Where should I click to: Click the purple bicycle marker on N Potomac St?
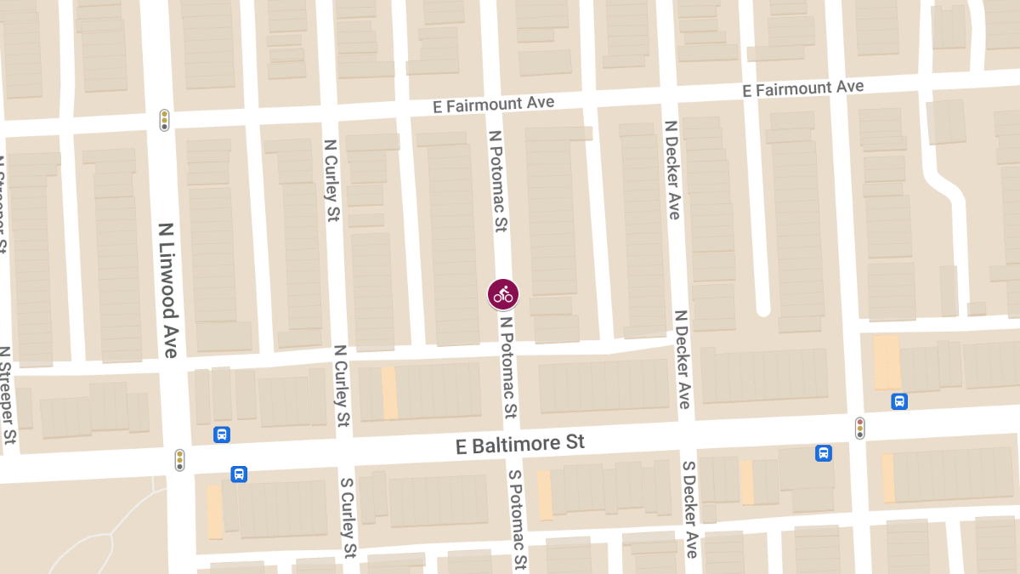tap(503, 294)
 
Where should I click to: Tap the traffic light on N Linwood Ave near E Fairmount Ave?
tap(164, 120)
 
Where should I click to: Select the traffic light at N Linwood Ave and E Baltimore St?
tap(179, 460)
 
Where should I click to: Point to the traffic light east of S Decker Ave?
tap(860, 428)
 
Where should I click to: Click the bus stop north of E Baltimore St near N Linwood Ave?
tap(222, 435)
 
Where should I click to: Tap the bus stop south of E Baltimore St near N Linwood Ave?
tap(239, 474)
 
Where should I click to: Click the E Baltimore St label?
tap(520, 444)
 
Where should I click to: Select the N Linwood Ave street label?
tap(168, 289)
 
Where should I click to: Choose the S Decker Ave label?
tap(691, 510)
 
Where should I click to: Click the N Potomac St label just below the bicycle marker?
tap(508, 367)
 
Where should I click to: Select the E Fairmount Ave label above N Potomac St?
tap(492, 105)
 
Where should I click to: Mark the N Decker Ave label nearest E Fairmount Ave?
tap(672, 169)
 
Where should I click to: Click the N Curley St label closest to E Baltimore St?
tap(342, 385)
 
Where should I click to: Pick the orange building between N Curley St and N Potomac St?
tap(389, 392)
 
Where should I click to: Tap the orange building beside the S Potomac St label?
tap(544, 495)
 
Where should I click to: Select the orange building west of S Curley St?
tap(215, 511)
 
